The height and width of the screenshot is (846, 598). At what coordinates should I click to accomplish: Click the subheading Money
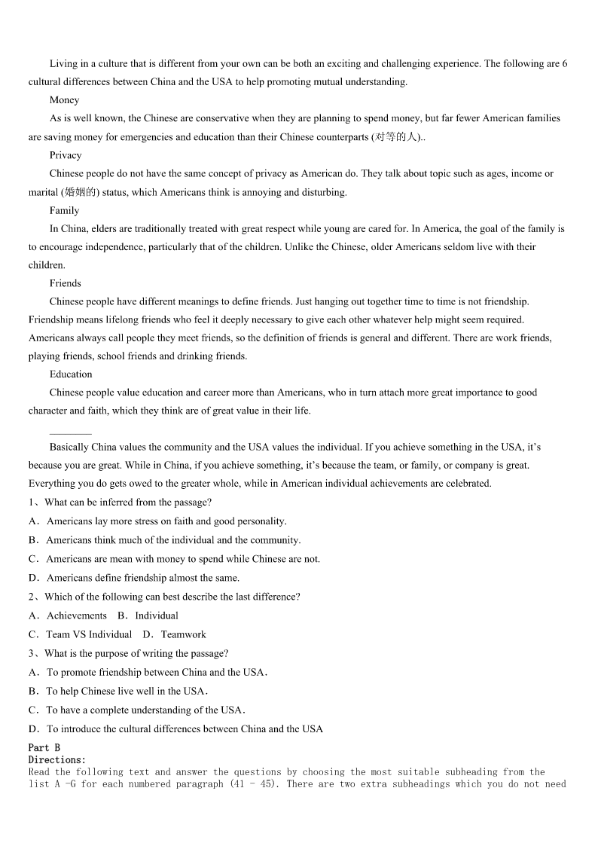64,100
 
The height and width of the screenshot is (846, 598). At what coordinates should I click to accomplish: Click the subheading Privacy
66,155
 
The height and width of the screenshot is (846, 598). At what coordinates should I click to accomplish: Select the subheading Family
64,210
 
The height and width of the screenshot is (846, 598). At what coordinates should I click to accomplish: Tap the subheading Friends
66,283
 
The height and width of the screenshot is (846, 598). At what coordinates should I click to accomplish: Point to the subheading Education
71,374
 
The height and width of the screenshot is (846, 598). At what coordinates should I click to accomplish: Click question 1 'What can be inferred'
127,502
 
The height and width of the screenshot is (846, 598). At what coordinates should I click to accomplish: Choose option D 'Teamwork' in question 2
182,635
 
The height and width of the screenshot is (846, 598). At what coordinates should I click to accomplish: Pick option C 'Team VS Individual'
88,635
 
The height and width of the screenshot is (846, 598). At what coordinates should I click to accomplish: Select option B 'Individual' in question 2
156,616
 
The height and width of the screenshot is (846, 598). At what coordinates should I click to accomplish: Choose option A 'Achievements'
76,616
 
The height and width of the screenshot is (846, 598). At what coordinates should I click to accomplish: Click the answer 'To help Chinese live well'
126,692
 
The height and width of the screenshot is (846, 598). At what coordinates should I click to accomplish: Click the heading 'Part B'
44,748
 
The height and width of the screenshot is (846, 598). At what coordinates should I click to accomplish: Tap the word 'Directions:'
57,760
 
